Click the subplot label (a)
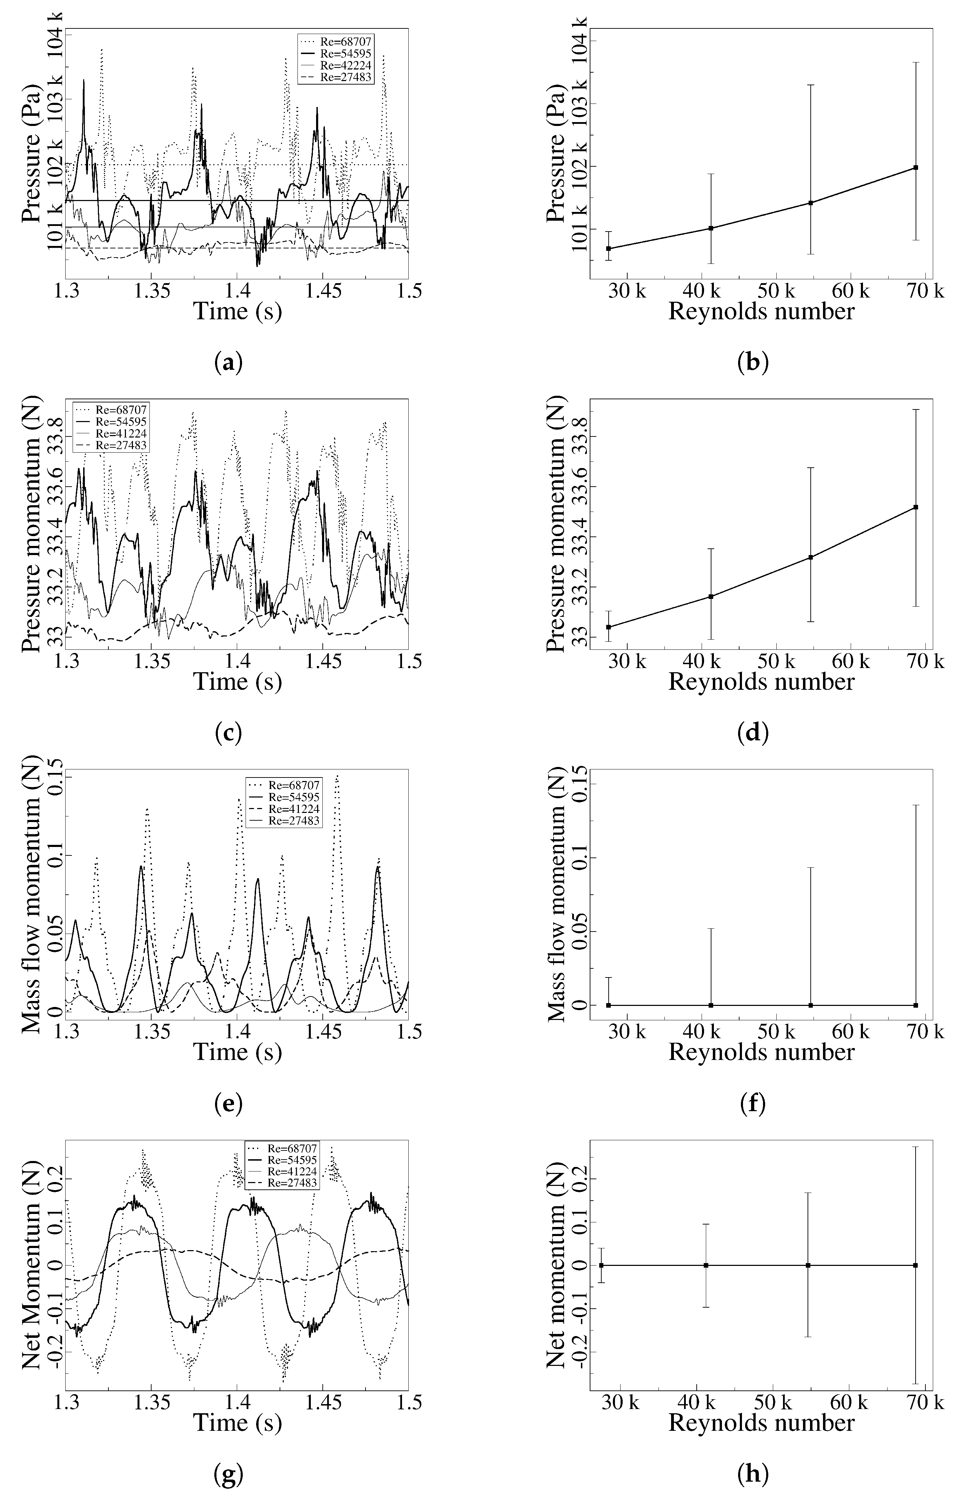coord(228,362)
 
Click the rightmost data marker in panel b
coord(916,168)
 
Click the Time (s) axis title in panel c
coord(237,682)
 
